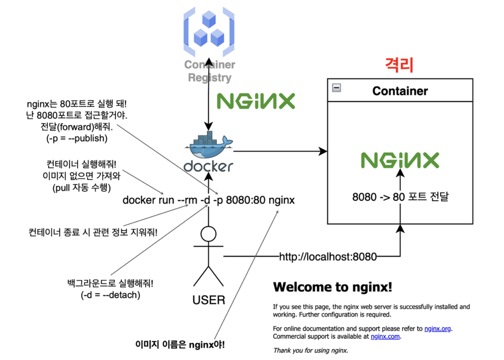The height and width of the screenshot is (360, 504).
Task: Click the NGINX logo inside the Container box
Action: tap(400, 160)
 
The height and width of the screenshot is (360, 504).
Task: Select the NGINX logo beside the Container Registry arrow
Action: tap(256, 101)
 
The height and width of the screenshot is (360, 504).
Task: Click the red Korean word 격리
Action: tap(399, 65)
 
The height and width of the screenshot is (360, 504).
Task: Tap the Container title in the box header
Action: tap(400, 91)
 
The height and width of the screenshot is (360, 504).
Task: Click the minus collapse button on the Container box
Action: tap(336, 88)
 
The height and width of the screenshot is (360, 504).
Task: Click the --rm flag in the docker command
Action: tap(187, 200)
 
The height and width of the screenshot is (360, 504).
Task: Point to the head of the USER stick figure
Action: tap(208, 234)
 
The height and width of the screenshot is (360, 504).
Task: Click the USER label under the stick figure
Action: tap(209, 300)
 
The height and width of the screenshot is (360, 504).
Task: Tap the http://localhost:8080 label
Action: tap(327, 257)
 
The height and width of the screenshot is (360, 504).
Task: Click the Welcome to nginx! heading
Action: tap(332, 287)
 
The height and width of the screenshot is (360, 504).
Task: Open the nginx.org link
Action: tap(437, 329)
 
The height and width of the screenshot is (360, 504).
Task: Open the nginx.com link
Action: tap(385, 337)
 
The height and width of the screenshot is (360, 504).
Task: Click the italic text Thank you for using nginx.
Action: tap(310, 351)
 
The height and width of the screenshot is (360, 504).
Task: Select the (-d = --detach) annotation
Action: tap(110, 295)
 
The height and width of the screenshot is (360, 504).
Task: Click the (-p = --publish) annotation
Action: tap(77, 138)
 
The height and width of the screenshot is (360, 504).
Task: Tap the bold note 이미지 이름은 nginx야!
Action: tap(180, 345)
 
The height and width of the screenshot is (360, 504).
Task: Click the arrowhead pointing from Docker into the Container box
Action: tap(323, 151)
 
